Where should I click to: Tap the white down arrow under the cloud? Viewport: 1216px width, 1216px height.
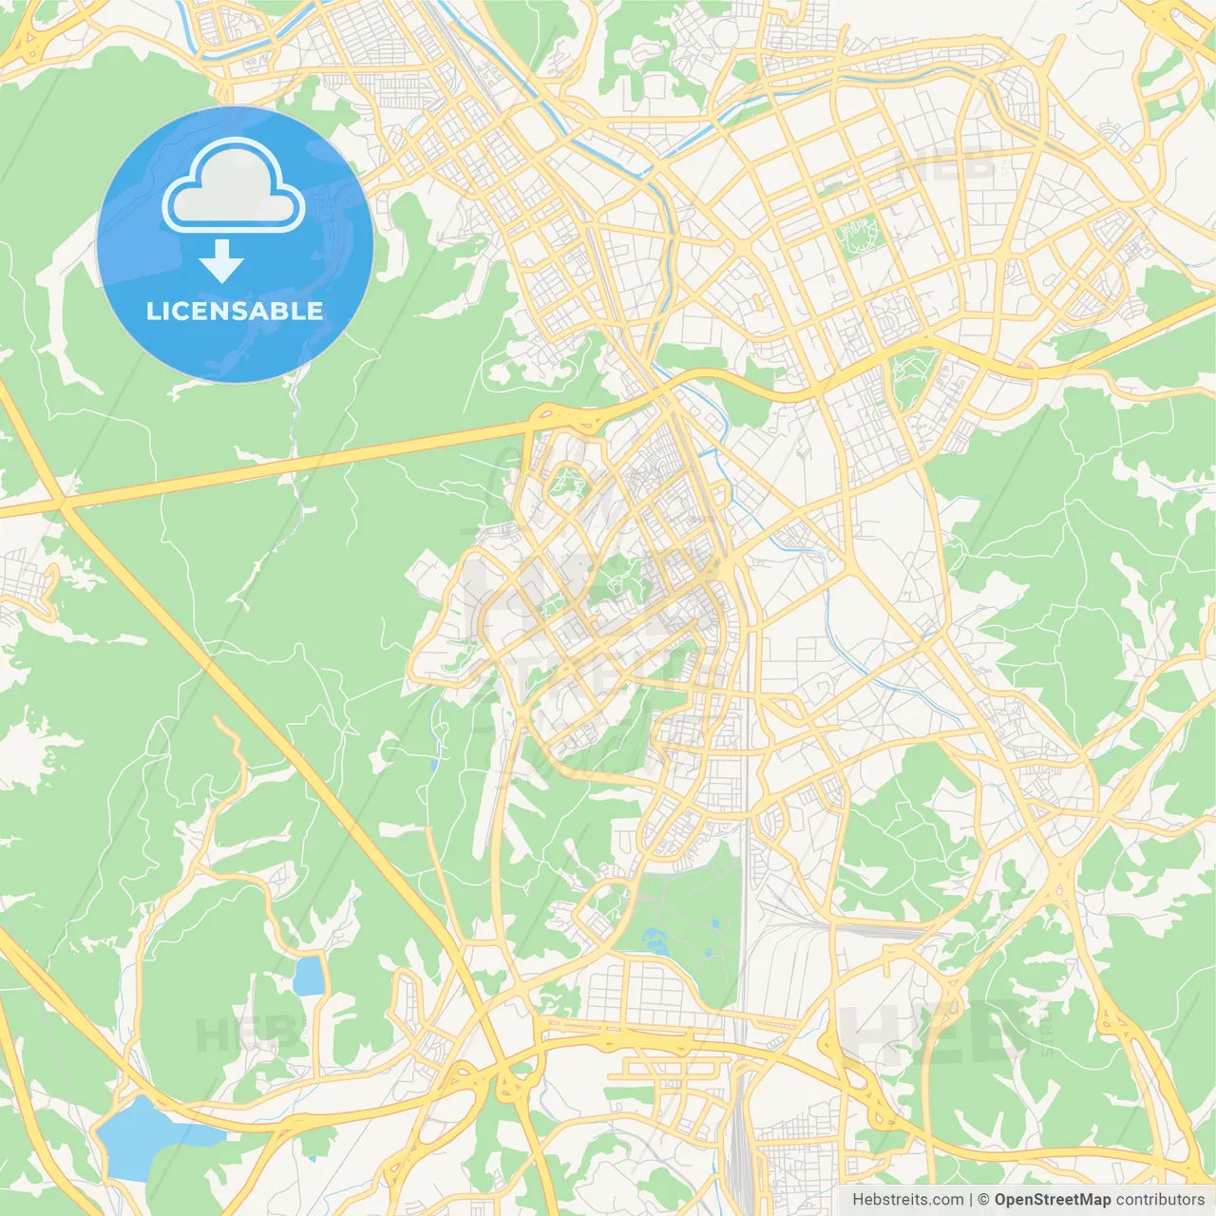point(221,261)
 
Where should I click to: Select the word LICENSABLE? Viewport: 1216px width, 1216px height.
point(235,311)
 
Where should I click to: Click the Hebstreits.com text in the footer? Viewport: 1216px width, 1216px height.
point(907,1200)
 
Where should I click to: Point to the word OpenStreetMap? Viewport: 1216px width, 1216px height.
point(1052,1200)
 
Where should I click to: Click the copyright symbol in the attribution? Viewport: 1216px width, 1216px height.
point(983,1200)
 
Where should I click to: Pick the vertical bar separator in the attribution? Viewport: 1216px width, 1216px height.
point(971,1200)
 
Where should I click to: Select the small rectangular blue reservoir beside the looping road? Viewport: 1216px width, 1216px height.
point(309,976)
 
